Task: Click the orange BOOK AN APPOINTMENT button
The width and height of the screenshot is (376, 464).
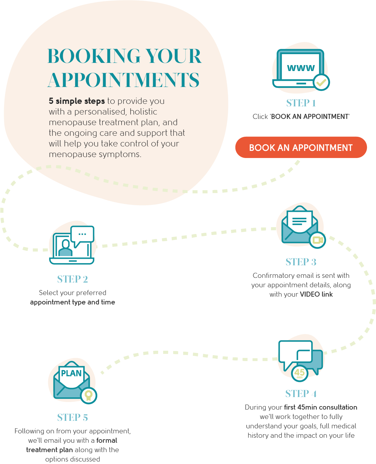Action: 301,147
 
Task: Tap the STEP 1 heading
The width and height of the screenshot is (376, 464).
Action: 301,103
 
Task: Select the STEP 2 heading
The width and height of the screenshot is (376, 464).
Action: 73,279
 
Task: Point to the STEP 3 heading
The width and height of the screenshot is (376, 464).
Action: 301,262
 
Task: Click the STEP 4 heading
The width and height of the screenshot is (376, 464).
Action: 301,394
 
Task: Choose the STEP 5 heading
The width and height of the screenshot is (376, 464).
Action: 73,417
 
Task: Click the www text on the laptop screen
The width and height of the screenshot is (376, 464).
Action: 301,68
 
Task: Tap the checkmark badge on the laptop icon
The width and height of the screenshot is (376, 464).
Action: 321,82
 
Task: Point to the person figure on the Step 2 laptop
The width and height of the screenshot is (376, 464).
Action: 65,248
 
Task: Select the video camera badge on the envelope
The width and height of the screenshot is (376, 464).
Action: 318,240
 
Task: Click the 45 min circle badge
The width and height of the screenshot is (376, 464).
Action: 299,373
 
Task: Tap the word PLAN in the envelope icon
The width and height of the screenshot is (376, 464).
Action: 71,373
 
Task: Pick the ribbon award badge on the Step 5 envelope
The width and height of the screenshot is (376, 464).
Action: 89,395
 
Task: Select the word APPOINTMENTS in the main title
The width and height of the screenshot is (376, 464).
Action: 123,80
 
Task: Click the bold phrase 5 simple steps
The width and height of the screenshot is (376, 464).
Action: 77,101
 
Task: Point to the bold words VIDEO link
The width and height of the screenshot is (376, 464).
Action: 316,294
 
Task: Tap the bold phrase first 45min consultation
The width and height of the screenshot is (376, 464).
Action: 320,407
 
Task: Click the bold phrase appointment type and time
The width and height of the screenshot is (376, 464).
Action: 73,302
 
